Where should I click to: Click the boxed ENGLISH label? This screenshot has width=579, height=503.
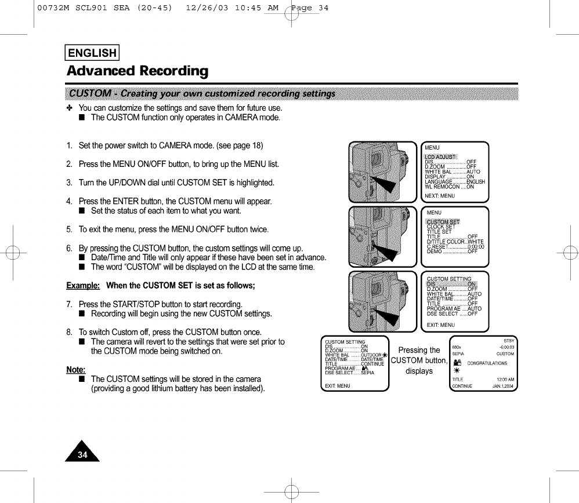(x=93, y=53)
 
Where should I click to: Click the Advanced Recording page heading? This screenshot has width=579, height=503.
(x=137, y=71)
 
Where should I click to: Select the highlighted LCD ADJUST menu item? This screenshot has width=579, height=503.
(x=441, y=157)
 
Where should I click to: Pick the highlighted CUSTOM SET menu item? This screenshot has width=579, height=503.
(x=443, y=222)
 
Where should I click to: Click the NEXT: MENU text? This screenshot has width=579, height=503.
(x=440, y=196)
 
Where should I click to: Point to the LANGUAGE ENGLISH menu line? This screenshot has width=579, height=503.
(x=454, y=182)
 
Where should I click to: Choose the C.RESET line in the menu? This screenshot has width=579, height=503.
(x=455, y=247)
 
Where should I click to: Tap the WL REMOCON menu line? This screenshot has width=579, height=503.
(x=449, y=187)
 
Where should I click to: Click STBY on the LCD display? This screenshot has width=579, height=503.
(x=508, y=341)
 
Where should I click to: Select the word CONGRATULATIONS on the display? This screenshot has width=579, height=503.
(x=487, y=363)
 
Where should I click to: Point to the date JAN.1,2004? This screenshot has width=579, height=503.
(x=503, y=386)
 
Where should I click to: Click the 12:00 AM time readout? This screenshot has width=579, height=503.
(x=504, y=379)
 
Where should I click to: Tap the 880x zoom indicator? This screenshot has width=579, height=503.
(x=457, y=347)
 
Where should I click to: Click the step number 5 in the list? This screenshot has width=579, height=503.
(x=69, y=229)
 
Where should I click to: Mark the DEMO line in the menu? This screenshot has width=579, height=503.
(x=452, y=251)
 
